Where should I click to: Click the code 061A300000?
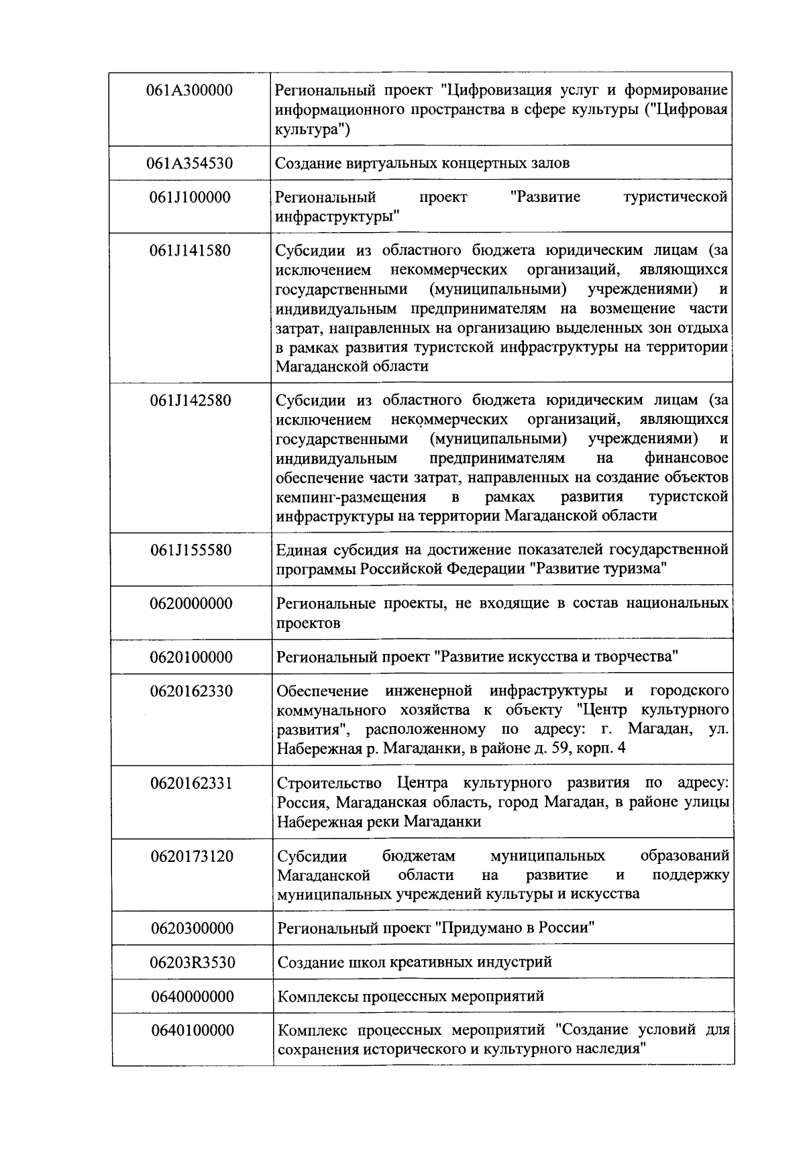tap(190, 90)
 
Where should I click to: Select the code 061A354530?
tap(190, 163)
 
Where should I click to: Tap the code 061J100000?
tap(190, 197)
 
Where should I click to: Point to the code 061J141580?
tap(190, 251)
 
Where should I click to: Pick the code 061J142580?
tap(190, 400)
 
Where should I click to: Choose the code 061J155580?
tap(190, 550)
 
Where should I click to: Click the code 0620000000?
tap(191, 604)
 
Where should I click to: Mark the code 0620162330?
tap(191, 691)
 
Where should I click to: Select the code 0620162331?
tap(191, 783)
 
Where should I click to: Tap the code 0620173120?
tap(191, 857)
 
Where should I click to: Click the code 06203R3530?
tap(192, 963)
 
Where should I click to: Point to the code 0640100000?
tap(193, 1030)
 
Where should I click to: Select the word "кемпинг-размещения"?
tap(351, 497)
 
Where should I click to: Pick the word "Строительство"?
tap(329, 783)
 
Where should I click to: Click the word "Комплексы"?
tap(317, 997)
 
